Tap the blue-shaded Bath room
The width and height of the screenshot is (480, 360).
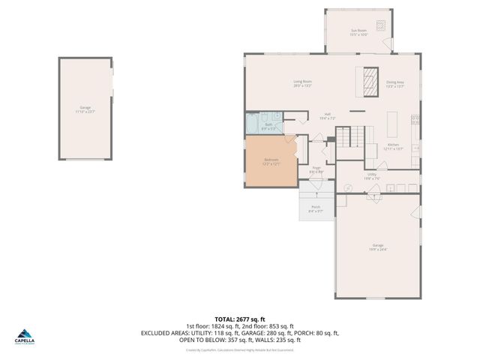coord(268,125)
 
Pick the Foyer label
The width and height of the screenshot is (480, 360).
coord(316,168)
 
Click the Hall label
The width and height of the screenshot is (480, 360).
coord(328,115)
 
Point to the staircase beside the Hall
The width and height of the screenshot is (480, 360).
coord(348,138)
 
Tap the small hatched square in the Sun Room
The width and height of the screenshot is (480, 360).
coord(381,24)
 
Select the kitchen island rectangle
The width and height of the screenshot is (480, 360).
coord(391,121)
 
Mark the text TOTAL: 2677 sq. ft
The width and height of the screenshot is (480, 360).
coord(240,318)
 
